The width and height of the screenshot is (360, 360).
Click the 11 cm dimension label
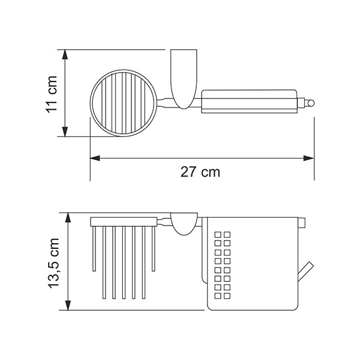coord(51,94)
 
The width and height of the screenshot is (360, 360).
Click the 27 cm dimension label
coord(200,172)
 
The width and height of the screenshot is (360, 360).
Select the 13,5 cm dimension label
coord(54,263)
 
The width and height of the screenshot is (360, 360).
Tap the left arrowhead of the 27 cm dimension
coord(95,158)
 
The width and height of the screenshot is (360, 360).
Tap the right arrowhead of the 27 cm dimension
coord(309,158)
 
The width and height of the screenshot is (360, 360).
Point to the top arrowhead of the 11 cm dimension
coord(65,55)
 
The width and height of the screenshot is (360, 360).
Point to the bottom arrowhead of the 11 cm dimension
coord(65,131)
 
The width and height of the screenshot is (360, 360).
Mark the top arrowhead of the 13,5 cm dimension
coord(68,218)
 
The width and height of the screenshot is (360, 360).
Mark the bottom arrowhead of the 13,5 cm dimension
coord(68,305)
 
